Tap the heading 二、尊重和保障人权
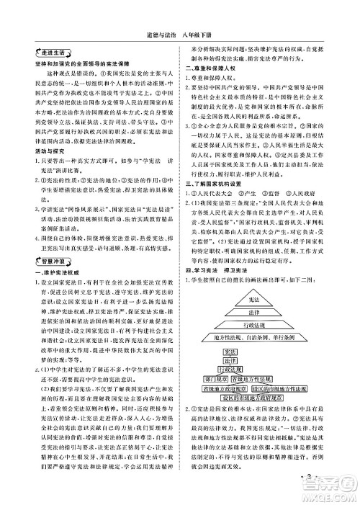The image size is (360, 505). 210,67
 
